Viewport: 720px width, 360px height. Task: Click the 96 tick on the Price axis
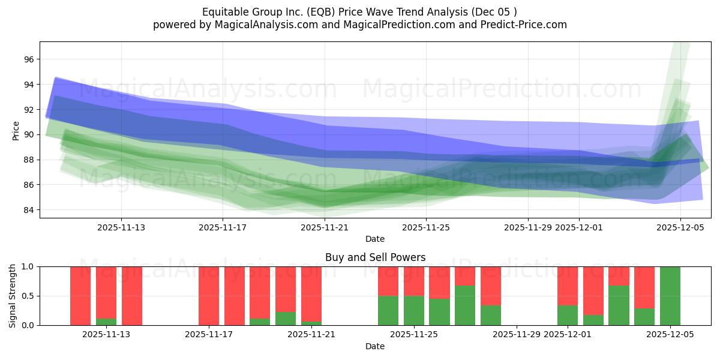point(29,59)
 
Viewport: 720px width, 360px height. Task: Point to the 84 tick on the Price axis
point(29,210)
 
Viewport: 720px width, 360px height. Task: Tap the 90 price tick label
point(29,134)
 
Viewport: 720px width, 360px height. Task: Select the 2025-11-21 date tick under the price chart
point(325,227)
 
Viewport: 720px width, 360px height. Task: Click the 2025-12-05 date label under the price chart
point(680,227)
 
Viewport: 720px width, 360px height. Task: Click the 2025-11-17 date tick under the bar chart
point(209,335)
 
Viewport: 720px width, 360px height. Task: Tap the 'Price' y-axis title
point(16,130)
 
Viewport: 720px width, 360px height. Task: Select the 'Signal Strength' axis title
point(13,296)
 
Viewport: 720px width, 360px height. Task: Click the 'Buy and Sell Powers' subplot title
point(375,257)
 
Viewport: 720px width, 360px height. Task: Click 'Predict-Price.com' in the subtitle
point(520,25)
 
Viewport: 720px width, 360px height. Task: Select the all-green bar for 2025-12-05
point(670,296)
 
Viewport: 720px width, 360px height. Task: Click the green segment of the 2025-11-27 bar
point(465,305)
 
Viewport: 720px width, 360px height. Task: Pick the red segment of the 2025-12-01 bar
point(568,286)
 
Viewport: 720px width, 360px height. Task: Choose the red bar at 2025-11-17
point(209,296)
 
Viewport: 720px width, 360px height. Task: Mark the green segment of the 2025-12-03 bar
point(619,305)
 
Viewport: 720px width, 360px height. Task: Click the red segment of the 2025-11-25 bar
point(414,281)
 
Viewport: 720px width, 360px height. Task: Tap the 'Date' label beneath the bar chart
point(375,346)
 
